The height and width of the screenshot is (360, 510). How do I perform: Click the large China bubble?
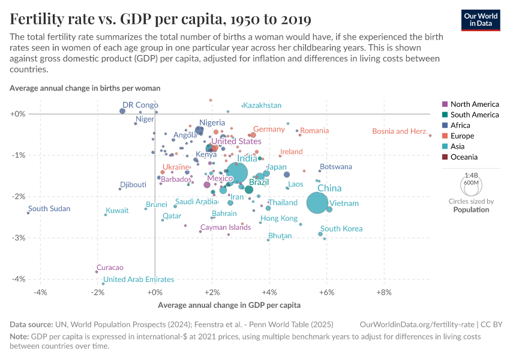click(x=318, y=203)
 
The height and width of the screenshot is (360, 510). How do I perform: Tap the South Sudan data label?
click(x=49, y=209)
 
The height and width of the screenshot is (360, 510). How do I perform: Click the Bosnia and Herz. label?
click(x=400, y=131)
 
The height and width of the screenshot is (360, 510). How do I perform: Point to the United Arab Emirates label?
click(x=139, y=280)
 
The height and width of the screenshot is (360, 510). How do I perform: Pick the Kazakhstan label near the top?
click(x=262, y=106)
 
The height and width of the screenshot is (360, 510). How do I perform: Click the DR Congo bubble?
click(x=122, y=111)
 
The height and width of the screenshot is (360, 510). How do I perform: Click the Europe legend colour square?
click(x=445, y=136)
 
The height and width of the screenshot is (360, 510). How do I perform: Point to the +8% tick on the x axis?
click(x=383, y=292)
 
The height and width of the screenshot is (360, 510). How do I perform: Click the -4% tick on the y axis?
click(x=19, y=279)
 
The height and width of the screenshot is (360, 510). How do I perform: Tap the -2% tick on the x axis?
click(x=97, y=292)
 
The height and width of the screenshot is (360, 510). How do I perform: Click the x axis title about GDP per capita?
click(x=229, y=305)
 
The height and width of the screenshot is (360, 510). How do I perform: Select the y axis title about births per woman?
click(x=85, y=88)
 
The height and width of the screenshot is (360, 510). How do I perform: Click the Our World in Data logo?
click(x=481, y=19)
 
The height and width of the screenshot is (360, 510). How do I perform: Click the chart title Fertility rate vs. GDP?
click(x=160, y=19)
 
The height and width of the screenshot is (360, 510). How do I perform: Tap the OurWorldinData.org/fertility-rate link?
click(x=414, y=324)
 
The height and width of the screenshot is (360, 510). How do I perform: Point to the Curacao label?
click(x=110, y=268)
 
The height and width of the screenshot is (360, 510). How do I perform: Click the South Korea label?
click(x=341, y=229)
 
